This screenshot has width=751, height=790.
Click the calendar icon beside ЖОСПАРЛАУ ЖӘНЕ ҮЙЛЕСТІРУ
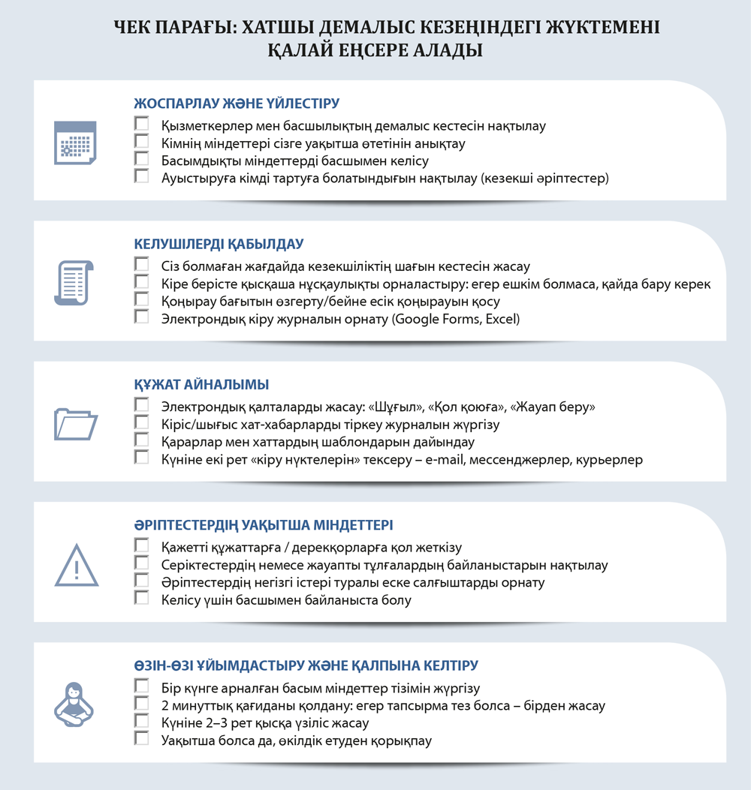tap(75, 143)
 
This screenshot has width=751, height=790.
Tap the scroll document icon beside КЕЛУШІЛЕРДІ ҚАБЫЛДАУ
tap(74, 282)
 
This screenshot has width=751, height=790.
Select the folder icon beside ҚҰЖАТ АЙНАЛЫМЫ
tap(76, 424)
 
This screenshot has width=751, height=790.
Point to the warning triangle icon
tap(76, 564)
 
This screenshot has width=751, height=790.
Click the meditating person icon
tap(75, 704)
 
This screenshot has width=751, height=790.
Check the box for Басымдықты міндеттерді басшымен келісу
tap(141, 158)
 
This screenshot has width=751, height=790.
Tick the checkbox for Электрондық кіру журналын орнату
tap(141, 317)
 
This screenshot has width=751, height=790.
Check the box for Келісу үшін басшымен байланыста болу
tap(141, 598)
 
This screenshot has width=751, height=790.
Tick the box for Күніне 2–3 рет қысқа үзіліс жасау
tap(141, 721)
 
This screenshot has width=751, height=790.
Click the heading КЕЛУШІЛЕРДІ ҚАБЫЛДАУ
tap(219, 245)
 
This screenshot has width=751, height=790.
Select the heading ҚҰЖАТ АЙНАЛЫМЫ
tap(201, 385)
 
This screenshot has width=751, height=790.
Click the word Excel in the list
tap(502, 319)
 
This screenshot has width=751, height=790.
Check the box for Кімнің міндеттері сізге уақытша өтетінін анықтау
tap(141, 140)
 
